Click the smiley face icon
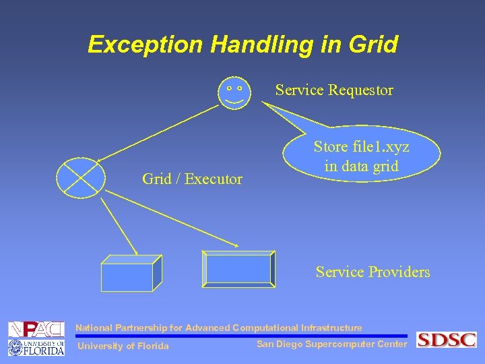pyautogui.click(x=234, y=92)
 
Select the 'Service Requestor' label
pyautogui.click(x=334, y=90)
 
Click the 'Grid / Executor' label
pyautogui.click(x=192, y=179)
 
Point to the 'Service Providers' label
pyautogui.click(x=373, y=272)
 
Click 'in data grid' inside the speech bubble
pyautogui.click(x=361, y=166)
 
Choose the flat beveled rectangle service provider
pyautogui.click(x=239, y=268)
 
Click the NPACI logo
pyautogui.click(x=36, y=330)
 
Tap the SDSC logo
pyautogui.click(x=446, y=340)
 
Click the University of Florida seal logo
pyautogui.click(x=17, y=347)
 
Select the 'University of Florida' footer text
pyautogui.click(x=123, y=346)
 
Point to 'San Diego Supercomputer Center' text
pyautogui.click(x=331, y=344)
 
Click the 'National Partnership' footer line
pyautogui.click(x=218, y=328)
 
